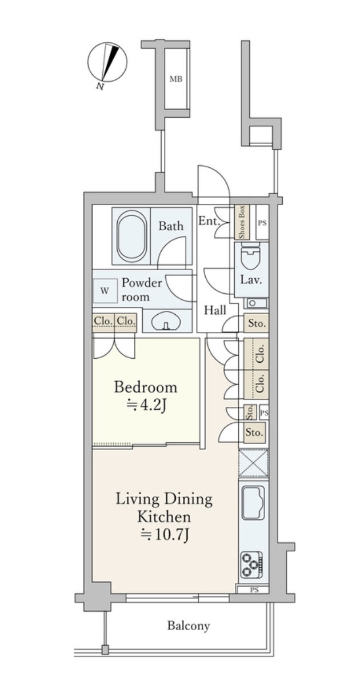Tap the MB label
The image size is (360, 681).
point(175,79)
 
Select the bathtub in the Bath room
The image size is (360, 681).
point(131,235)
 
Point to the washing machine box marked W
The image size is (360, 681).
point(105,291)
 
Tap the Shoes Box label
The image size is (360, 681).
point(242,222)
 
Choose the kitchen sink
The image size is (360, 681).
point(253,503)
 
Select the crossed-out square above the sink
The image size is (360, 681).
point(253,463)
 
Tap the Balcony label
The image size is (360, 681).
point(189,626)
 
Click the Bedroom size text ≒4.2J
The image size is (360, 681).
point(146,406)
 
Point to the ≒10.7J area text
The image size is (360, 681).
point(164,534)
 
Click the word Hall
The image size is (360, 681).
point(215,310)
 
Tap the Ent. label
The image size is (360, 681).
point(207,221)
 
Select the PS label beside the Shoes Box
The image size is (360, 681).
point(262,223)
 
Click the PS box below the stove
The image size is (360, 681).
point(253,590)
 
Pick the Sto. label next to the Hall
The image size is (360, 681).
point(255,323)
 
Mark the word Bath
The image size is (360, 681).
point(171,226)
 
